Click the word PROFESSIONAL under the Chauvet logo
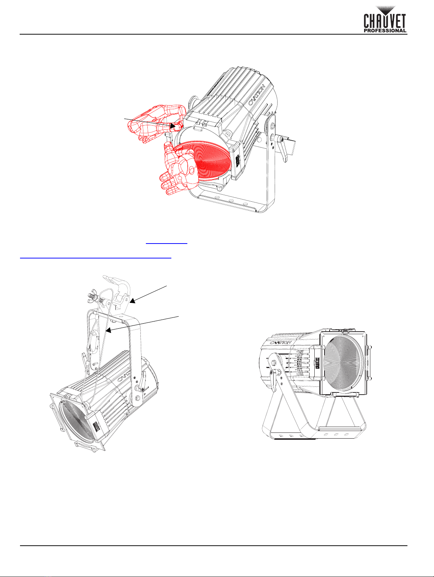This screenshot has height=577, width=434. point(385,31)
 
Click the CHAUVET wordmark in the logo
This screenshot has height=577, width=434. point(385,21)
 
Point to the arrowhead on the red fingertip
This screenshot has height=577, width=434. point(172,126)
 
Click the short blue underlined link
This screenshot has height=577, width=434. point(167,243)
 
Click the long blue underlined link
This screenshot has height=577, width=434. point(96,258)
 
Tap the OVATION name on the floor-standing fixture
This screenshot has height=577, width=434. point(280,343)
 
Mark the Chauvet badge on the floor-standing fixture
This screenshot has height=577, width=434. point(317,363)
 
